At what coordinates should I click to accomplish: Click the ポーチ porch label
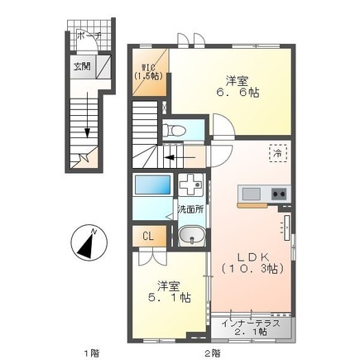tap(89, 36)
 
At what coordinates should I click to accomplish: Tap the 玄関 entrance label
tap(82, 66)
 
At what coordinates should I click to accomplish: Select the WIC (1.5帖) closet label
tap(148, 72)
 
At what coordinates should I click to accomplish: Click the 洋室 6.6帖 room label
tap(238, 87)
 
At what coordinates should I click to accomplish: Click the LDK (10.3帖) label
tap(252, 263)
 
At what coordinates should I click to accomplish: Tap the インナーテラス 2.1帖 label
tap(251, 328)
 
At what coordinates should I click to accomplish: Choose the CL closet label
tap(148, 236)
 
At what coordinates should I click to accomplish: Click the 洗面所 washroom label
tap(190, 209)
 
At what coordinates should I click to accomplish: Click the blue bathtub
tap(152, 185)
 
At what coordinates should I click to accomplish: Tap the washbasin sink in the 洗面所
tap(191, 236)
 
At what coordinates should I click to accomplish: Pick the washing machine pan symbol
tap(191, 185)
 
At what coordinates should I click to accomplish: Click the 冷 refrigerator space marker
tap(278, 153)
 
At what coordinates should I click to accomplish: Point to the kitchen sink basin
tap(251, 194)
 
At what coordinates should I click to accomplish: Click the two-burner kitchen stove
tap(279, 194)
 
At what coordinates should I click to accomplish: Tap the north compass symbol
tap(89, 242)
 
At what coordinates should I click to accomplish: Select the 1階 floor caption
tap(92, 353)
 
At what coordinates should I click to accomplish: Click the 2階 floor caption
tap(213, 353)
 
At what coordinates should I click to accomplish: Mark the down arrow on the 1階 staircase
tap(88, 115)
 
